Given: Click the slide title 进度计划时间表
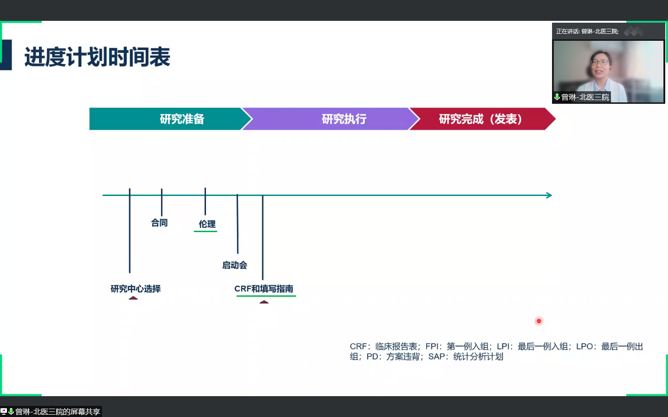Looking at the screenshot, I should pyautogui.click(x=97, y=57).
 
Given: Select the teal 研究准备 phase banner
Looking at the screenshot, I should pyautogui.click(x=182, y=119).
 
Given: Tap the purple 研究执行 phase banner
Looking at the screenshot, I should pyautogui.click(x=344, y=119).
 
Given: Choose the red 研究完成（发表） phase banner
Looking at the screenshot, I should pyautogui.click(x=480, y=119).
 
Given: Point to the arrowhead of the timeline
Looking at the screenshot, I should pyautogui.click(x=549, y=196).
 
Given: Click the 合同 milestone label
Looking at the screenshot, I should pyautogui.click(x=159, y=223).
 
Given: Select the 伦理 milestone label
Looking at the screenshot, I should pyautogui.click(x=207, y=224).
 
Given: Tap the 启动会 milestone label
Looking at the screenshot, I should pyautogui.click(x=234, y=265).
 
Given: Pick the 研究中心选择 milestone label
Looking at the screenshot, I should pyautogui.click(x=135, y=289).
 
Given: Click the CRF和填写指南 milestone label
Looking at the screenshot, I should pyautogui.click(x=263, y=289).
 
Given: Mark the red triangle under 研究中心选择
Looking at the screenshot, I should pyautogui.click(x=133, y=298).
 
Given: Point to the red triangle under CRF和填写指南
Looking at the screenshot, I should pyautogui.click(x=264, y=302).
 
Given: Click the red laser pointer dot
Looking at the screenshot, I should pyautogui.click(x=539, y=321).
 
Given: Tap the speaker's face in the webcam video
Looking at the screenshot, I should pyautogui.click(x=599, y=65).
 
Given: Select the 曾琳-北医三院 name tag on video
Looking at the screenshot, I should pyautogui.click(x=584, y=97).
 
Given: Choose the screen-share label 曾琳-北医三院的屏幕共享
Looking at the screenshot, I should pyautogui.click(x=57, y=411).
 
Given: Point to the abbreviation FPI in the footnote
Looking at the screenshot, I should pyautogui.click(x=432, y=347).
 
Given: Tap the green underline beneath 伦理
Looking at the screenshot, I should pyautogui.click(x=206, y=231).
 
